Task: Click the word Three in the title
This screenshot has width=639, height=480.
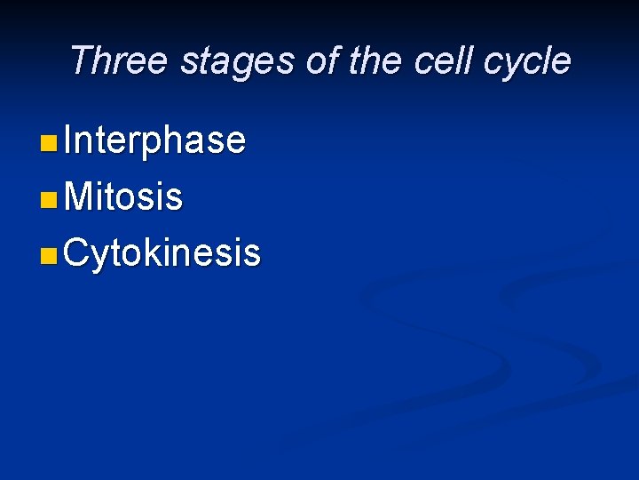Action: tap(118, 60)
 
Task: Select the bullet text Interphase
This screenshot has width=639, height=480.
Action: tap(154, 140)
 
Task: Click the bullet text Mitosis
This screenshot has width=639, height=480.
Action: tap(123, 197)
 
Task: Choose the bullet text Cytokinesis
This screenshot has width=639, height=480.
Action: tap(162, 253)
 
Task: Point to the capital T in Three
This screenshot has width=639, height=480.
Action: tap(80, 60)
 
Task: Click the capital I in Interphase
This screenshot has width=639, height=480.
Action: tap(69, 140)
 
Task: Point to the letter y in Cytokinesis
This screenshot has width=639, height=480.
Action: tap(101, 258)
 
